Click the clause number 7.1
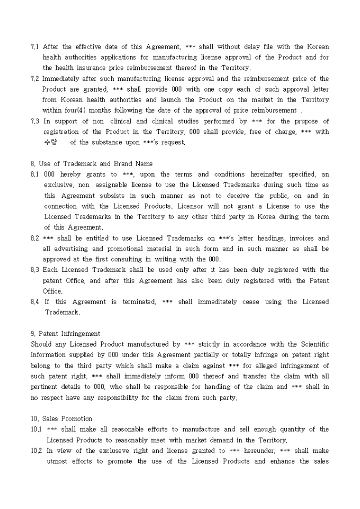click(35, 47)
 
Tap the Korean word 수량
click(50, 142)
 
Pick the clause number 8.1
click(35, 174)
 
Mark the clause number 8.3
click(35, 270)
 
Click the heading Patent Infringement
click(69, 334)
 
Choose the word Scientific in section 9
click(311, 344)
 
